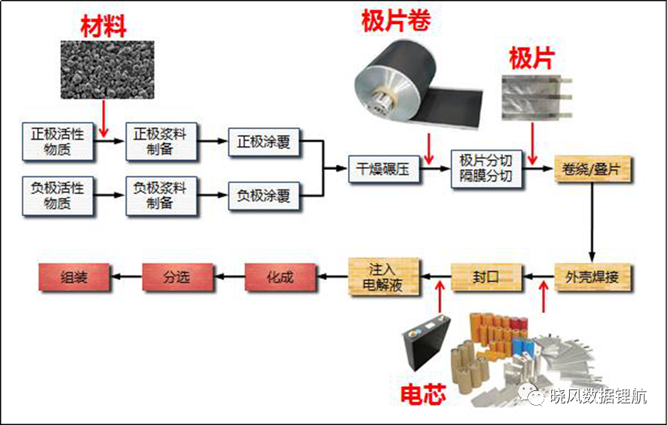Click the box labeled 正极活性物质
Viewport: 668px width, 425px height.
click(x=58, y=142)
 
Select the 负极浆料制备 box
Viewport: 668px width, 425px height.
click(x=161, y=195)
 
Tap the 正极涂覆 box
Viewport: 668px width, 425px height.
click(x=264, y=142)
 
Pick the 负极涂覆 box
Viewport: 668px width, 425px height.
click(x=264, y=195)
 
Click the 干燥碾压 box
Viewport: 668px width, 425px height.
click(x=383, y=168)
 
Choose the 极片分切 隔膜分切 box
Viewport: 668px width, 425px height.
click(x=486, y=168)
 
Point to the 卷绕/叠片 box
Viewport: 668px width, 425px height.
click(x=592, y=169)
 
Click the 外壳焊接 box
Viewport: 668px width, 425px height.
click(x=592, y=277)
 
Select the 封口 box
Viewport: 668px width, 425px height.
click(x=486, y=277)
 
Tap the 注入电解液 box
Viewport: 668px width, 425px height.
click(x=383, y=277)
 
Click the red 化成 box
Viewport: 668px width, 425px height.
click(x=281, y=277)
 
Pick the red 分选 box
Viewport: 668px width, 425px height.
click(x=177, y=277)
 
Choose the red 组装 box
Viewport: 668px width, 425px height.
click(x=74, y=277)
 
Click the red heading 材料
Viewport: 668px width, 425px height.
click(x=104, y=26)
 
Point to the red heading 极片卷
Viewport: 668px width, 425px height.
click(x=396, y=21)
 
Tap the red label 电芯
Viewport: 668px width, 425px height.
click(x=423, y=394)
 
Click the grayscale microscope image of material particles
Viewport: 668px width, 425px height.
click(x=107, y=70)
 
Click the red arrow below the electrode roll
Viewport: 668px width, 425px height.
click(x=428, y=148)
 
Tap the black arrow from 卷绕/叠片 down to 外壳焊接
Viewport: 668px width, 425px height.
click(x=592, y=222)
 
